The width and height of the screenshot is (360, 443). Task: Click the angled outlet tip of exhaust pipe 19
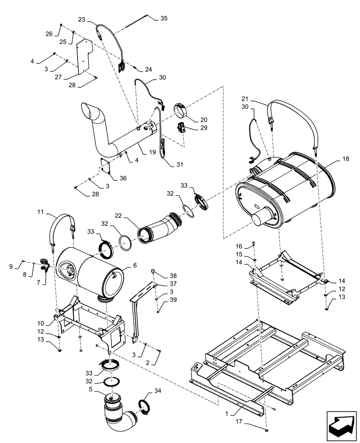(x=90, y=111)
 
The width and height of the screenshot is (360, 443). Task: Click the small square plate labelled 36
(x=105, y=168)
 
